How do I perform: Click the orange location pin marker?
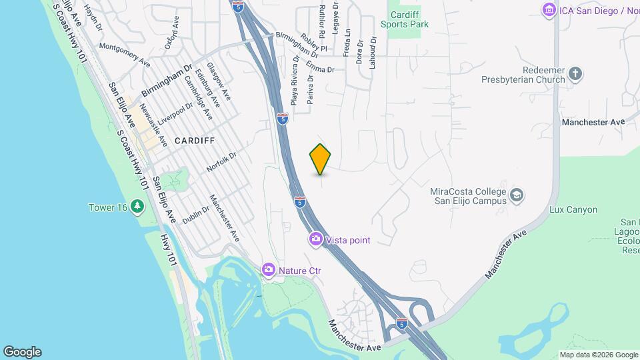[x=321, y=159]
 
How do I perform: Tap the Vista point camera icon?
[x=315, y=239]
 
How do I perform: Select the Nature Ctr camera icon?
[x=268, y=269]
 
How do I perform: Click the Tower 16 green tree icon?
[x=137, y=207]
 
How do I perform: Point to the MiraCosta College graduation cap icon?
[x=516, y=195]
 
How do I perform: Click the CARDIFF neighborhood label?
[x=195, y=141]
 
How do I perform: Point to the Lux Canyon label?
[x=573, y=209]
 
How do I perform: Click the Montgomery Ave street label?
[x=125, y=56]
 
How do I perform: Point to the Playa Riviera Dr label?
[x=294, y=81]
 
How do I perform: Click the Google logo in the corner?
[x=22, y=352]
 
